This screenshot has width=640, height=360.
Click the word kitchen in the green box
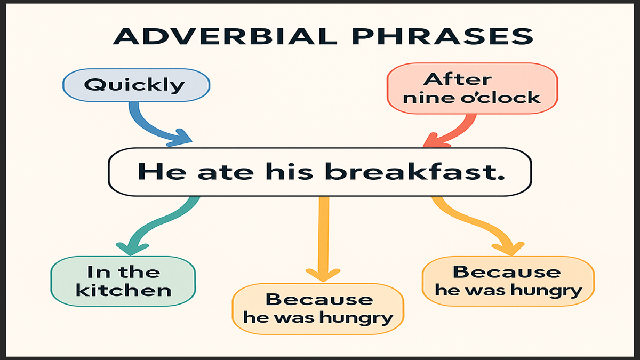pyautogui.click(x=123, y=290)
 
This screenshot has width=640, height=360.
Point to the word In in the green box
pyautogui.click(x=97, y=271)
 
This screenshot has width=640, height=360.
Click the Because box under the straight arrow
pyautogui.click(x=318, y=309)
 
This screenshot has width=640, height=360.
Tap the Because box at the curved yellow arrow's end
pyautogui.click(x=508, y=281)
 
